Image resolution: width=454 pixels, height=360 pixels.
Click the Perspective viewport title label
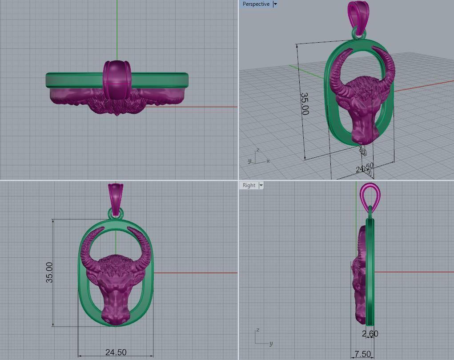(256, 4)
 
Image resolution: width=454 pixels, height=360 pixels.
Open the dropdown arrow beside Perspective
(275, 4)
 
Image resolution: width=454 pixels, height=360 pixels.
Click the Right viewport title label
(249, 185)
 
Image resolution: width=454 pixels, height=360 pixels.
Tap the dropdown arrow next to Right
(261, 185)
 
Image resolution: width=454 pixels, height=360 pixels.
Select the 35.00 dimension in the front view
(49, 272)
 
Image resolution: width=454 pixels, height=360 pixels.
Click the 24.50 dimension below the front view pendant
(116, 352)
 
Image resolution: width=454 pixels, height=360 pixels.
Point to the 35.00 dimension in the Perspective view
(305, 104)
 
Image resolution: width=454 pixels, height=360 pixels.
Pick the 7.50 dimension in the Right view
(362, 354)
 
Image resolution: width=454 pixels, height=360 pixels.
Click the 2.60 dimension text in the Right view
(370, 333)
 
